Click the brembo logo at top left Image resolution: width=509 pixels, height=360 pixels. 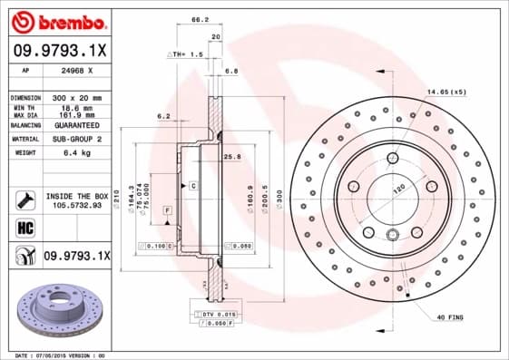pos(56,21)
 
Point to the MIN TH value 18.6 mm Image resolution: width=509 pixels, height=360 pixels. pos(74,108)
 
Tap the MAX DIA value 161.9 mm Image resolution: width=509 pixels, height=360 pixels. pos(74,116)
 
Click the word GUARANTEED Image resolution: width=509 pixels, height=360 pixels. pos(77,126)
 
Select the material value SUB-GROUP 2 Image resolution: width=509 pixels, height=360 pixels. pos(76,140)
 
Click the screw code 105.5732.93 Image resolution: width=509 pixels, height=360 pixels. pos(76,205)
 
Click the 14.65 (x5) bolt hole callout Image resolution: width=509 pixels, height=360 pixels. pos(446,92)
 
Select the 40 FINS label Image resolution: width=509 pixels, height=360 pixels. pos(451,316)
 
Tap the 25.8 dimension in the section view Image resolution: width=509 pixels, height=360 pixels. pos(231,157)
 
